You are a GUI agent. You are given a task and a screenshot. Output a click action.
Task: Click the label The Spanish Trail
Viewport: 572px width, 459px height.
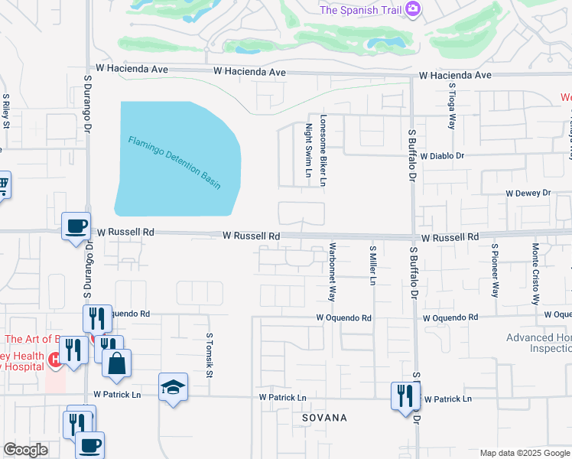pyautogui.click(x=360, y=9)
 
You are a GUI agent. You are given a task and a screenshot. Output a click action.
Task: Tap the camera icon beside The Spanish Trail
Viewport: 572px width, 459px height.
pyautogui.click(x=413, y=8)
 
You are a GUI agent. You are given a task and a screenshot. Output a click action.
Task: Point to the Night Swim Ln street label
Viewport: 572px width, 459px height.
pyautogui.click(x=309, y=150)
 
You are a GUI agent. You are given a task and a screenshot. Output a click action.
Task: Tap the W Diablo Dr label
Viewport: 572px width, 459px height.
pyautogui.click(x=442, y=155)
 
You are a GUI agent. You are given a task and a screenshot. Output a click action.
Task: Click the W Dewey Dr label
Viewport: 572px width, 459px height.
pyautogui.click(x=528, y=194)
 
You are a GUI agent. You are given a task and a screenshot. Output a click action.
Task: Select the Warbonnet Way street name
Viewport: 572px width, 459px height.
pyautogui.click(x=332, y=272)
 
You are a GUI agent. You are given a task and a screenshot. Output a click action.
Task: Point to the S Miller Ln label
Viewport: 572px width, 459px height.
pyautogui.click(x=372, y=265)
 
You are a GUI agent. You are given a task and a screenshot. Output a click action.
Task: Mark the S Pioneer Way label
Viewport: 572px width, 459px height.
pyautogui.click(x=495, y=270)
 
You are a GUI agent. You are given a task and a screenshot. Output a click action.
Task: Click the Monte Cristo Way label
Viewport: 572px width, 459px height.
pyautogui.click(x=535, y=273)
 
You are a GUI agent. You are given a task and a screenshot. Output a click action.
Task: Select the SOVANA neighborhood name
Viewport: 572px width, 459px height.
pyautogui.click(x=324, y=418)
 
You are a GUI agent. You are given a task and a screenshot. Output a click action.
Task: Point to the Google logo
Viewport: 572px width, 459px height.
pyautogui.click(x=25, y=450)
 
